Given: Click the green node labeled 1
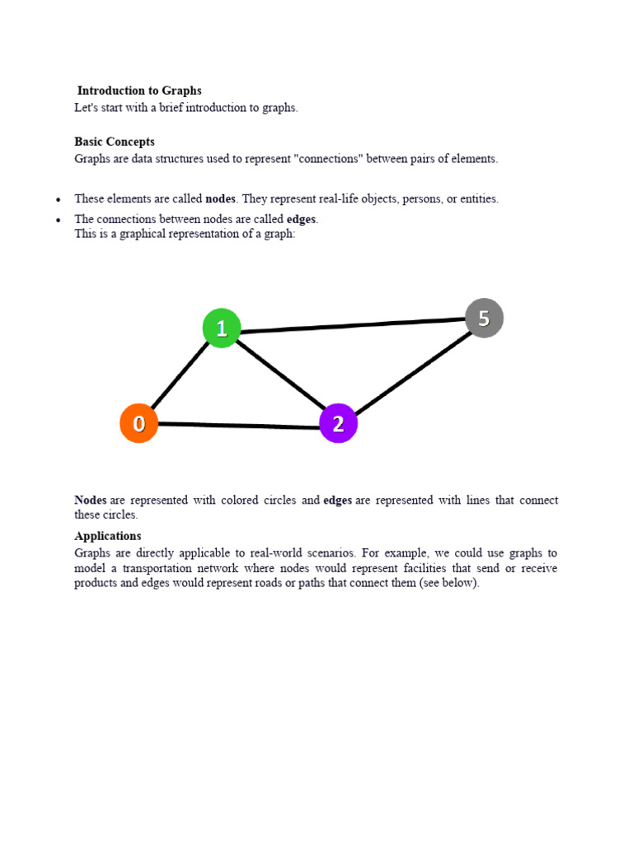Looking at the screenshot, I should point(222,328).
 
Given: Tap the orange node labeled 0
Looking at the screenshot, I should point(139,423).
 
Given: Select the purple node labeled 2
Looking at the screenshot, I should point(338,423).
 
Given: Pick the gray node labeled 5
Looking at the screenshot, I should point(484,318).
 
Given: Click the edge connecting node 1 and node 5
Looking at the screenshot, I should point(353,325).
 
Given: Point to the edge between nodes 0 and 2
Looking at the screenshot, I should point(239,426).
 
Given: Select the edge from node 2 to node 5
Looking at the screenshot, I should point(412,370).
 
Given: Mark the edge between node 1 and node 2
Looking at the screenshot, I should point(280,375).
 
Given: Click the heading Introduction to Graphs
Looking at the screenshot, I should point(139,91).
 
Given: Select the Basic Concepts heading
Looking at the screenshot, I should point(115,142).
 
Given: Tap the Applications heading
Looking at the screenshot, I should point(108,536).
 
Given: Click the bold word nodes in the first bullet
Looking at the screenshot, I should point(220,198).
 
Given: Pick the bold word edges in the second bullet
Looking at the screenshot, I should point(301,219).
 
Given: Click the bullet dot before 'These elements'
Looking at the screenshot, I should point(58,200).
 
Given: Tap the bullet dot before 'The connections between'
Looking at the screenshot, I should point(58,220).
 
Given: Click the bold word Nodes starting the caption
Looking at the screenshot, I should point(91,500).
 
